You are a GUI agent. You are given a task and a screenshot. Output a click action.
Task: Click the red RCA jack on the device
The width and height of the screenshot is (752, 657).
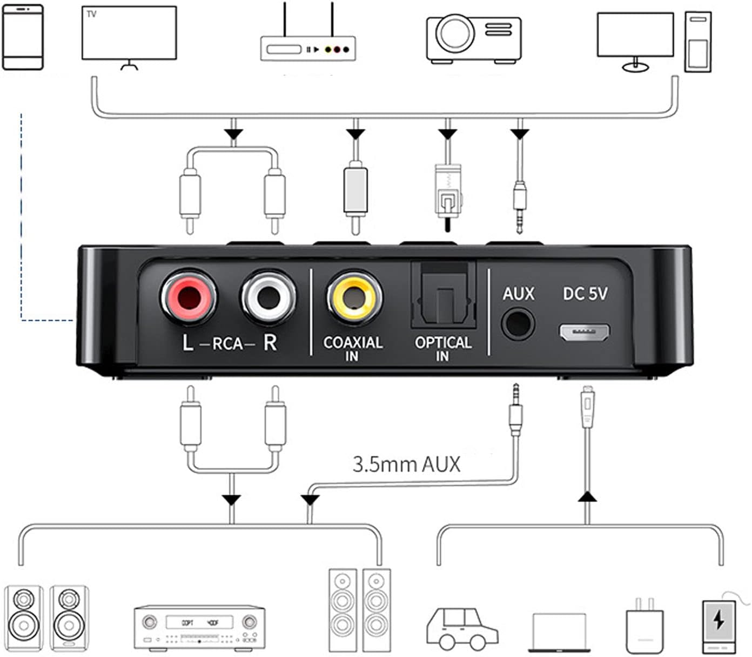(x=189, y=297)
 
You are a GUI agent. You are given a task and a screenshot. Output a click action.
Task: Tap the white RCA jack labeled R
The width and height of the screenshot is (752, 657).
(x=268, y=297)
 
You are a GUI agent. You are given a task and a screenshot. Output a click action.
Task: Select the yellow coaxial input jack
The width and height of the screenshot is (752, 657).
(x=354, y=297)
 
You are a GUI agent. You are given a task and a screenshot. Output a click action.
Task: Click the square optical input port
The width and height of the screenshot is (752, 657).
(x=444, y=296)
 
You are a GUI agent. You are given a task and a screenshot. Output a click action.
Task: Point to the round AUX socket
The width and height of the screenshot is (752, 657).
(x=518, y=324)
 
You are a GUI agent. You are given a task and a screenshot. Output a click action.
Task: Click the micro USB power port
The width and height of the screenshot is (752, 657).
(x=585, y=332)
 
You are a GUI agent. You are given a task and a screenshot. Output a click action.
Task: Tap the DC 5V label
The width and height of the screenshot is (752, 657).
(x=585, y=294)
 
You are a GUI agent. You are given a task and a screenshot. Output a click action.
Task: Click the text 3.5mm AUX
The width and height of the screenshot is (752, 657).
(x=406, y=464)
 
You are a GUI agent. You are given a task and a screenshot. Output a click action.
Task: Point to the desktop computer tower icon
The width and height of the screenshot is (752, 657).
(x=697, y=42)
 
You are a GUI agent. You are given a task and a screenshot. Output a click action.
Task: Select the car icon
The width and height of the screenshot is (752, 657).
(x=462, y=629)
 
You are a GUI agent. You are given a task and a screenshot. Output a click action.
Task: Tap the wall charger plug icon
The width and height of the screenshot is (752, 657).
(x=644, y=626)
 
